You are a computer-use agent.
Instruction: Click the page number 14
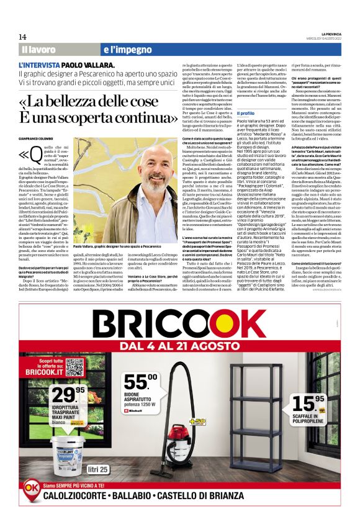pyautogui.click(x=22, y=37)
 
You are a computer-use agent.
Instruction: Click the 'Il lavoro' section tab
pyautogui.click(x=38, y=49)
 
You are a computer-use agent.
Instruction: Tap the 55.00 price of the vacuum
pyautogui.click(x=140, y=383)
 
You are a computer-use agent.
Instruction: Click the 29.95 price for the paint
pyautogui.click(x=68, y=394)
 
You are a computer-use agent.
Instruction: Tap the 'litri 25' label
pyautogui.click(x=98, y=468)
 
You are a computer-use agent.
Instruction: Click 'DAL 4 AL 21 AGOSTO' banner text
pyautogui.click(x=180, y=345)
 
